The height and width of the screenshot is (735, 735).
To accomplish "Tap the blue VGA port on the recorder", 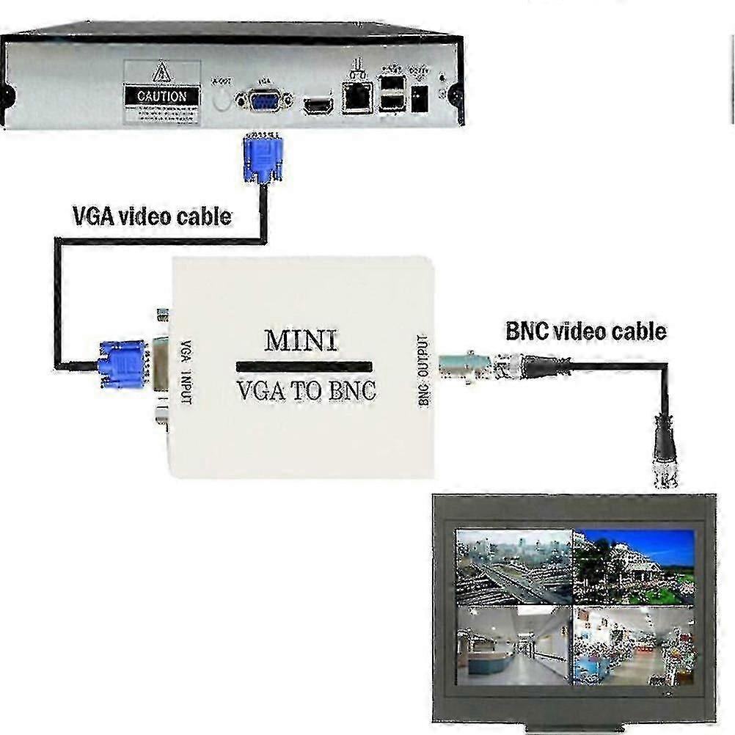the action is (x=263, y=100).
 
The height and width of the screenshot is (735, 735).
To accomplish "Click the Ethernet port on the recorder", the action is (x=356, y=95).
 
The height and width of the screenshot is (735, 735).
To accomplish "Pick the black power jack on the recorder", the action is (x=420, y=98).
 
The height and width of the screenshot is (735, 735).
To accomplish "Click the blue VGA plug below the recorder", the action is (x=263, y=158).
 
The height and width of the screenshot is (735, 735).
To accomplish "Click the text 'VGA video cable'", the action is (x=152, y=216).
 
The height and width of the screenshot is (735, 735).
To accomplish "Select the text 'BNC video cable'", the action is (x=586, y=331).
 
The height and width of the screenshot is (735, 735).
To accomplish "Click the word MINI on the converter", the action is (x=301, y=340).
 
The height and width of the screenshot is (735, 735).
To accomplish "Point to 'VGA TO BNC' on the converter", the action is (x=306, y=390).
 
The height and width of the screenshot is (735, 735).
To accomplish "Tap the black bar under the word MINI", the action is (x=305, y=366).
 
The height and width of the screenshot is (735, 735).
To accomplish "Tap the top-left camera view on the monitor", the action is (x=513, y=567).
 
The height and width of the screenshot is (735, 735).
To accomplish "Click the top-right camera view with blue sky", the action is (x=633, y=567).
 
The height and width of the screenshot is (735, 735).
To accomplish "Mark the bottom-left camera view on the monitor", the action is (x=513, y=645).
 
